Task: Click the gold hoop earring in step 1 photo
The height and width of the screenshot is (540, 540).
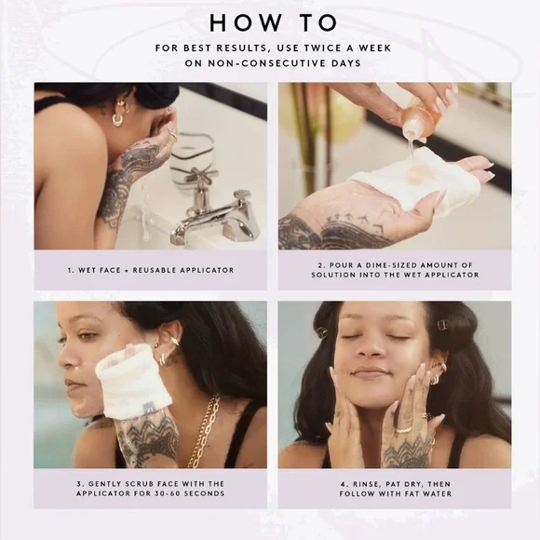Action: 117,120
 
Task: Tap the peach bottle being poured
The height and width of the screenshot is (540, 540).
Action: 417,119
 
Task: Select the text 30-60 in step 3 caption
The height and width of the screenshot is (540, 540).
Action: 167,493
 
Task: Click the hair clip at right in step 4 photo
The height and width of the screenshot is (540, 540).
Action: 443,324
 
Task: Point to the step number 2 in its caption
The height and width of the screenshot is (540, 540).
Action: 320,265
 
